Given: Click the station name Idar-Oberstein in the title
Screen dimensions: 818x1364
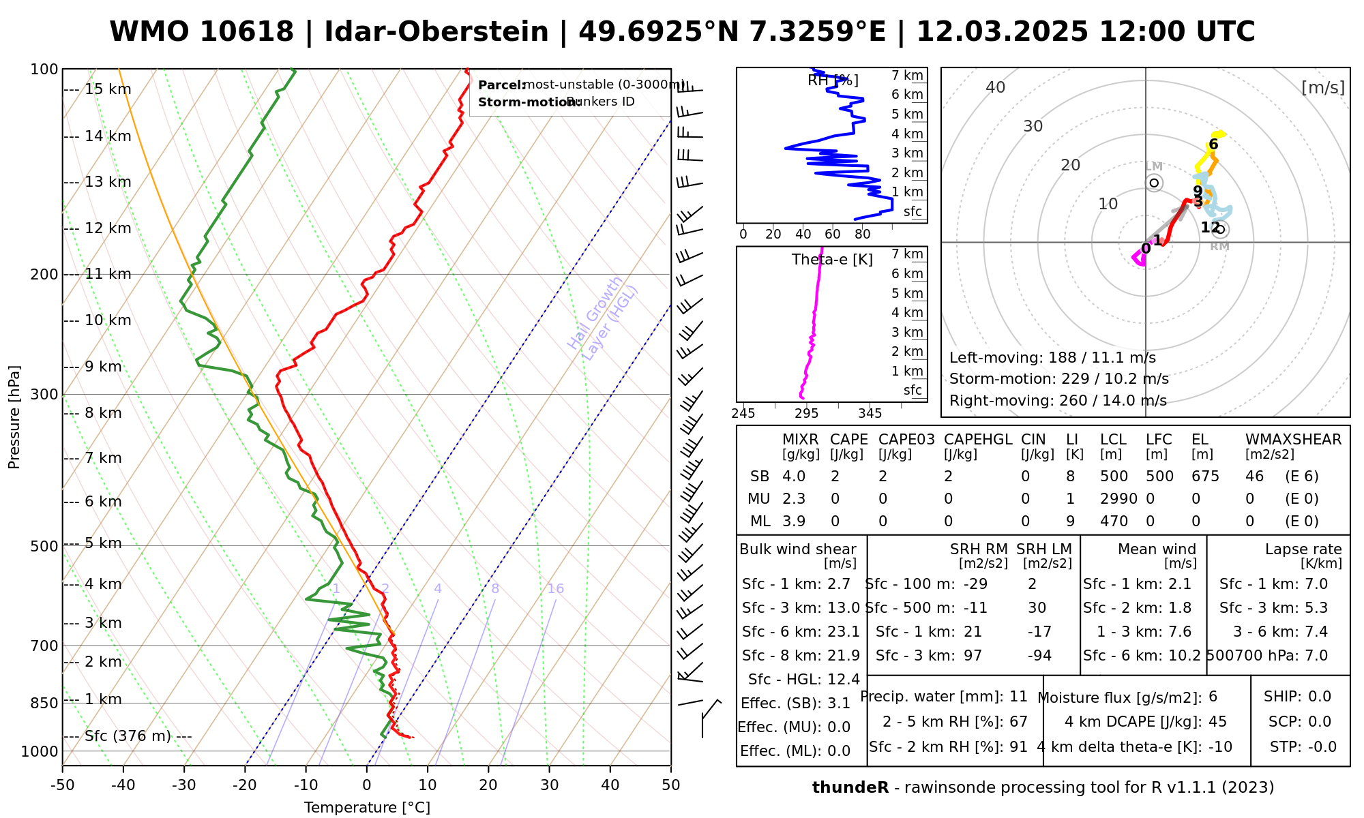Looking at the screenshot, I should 436,32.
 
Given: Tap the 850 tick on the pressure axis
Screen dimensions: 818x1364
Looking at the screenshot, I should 44,703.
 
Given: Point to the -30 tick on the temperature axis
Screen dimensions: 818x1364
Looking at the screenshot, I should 184,785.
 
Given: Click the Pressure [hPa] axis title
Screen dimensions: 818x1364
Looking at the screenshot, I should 14,417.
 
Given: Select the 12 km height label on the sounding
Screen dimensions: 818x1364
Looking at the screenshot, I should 108,228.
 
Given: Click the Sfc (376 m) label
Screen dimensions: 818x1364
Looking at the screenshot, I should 128,736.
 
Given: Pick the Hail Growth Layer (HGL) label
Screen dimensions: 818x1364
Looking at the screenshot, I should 603,318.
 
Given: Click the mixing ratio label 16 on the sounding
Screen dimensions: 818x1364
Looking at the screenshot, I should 555,589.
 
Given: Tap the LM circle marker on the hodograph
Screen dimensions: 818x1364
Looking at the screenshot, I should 1154,183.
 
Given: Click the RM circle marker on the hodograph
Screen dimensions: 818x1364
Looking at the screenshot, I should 1220,230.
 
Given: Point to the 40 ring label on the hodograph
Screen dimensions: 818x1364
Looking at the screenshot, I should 996,87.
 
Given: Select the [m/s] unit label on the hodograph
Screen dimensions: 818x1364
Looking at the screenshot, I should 1322,88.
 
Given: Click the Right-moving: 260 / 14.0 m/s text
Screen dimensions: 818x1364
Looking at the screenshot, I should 1058,401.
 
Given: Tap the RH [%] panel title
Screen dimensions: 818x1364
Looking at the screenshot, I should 833,80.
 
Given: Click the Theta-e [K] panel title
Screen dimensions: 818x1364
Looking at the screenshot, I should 832,260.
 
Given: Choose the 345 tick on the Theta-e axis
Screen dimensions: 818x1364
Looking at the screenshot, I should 870,414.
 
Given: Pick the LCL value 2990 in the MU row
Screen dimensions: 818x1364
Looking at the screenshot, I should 1118,499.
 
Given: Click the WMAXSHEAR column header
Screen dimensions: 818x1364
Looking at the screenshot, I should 1293,440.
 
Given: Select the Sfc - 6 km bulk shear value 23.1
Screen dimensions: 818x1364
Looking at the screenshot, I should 844,632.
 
